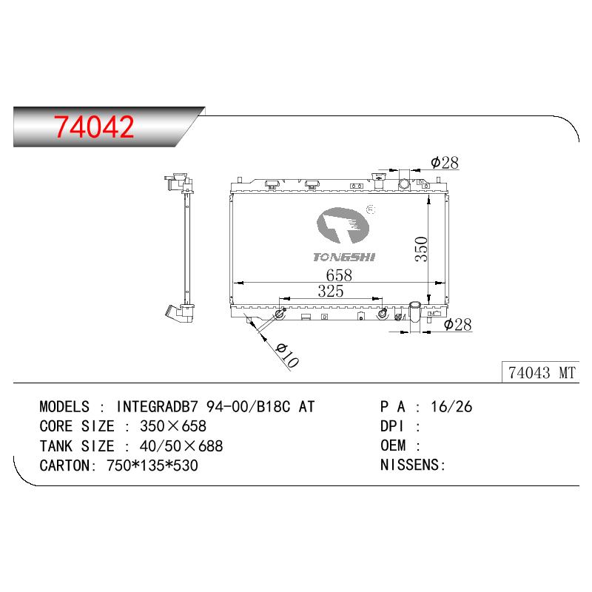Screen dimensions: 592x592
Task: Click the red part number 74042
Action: [94, 127]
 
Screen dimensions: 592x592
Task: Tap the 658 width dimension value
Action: [339, 275]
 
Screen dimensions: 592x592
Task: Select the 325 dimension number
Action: [331, 291]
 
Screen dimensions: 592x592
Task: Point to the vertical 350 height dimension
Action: [421, 249]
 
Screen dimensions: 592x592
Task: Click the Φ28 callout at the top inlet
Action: [445, 163]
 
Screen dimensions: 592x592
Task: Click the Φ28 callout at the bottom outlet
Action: [457, 324]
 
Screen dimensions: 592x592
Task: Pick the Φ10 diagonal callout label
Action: [287, 355]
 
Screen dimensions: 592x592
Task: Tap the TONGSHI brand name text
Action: [344, 257]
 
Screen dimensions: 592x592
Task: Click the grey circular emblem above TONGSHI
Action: [343, 226]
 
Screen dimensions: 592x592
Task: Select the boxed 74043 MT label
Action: [542, 373]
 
